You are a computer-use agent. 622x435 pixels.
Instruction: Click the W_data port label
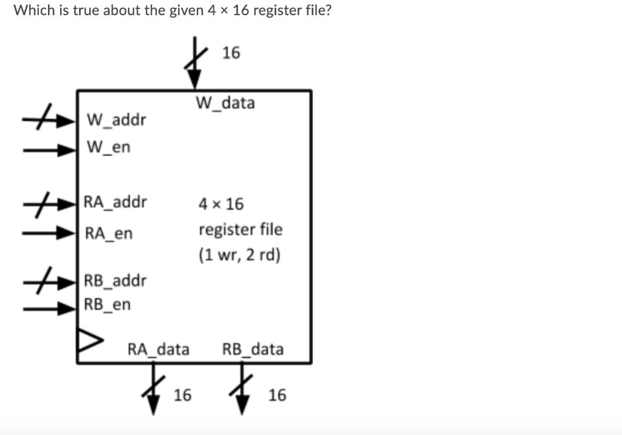point(225,103)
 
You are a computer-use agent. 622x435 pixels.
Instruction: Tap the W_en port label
point(109,147)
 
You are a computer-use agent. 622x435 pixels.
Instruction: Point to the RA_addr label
point(115,202)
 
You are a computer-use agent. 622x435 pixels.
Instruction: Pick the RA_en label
point(108,233)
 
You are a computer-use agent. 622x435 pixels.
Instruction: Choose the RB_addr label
point(115,281)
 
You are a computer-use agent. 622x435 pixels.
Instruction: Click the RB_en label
point(107,304)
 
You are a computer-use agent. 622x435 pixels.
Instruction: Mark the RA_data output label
point(158,349)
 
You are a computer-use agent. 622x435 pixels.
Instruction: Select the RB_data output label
point(253,349)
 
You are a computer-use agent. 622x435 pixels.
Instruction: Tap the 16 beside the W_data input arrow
point(231,53)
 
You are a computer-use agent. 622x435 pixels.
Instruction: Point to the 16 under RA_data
point(182,396)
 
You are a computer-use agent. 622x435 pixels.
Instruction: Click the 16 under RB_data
point(277,396)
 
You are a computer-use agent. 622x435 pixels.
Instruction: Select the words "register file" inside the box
point(241,230)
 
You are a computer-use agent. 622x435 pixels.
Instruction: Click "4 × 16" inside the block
point(221,204)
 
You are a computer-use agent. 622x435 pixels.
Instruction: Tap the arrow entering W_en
point(49,148)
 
